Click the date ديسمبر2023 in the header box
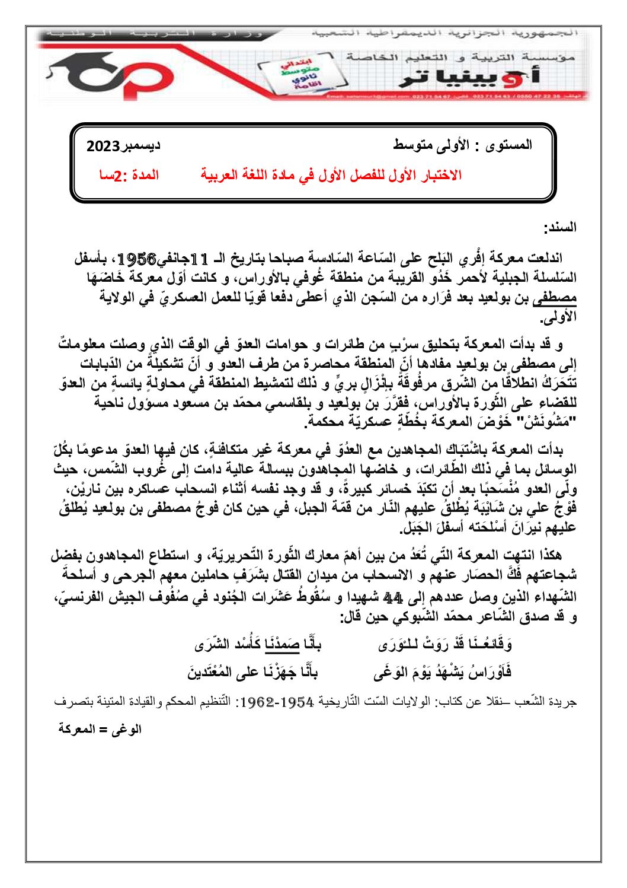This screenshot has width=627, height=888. [123, 146]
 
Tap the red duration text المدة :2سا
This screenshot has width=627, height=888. [129, 176]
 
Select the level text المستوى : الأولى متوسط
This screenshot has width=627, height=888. [462, 145]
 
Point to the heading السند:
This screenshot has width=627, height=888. [560, 227]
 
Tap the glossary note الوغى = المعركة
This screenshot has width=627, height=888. [100, 729]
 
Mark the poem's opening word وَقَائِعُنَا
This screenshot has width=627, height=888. [488, 644]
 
